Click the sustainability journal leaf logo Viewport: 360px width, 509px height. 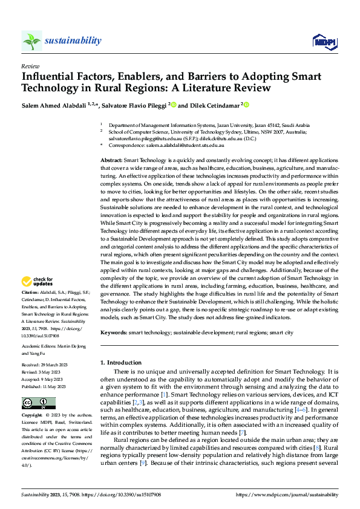pos(31,41)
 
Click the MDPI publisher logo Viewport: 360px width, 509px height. pos(324,41)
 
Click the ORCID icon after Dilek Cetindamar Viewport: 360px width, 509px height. pos(246,105)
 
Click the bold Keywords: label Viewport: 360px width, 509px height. pos(113,332)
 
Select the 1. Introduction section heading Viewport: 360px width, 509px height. pos(120,363)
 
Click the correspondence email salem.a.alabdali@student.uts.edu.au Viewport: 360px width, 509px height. pos(184,146)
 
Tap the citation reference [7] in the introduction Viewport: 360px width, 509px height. pos(242,433)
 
